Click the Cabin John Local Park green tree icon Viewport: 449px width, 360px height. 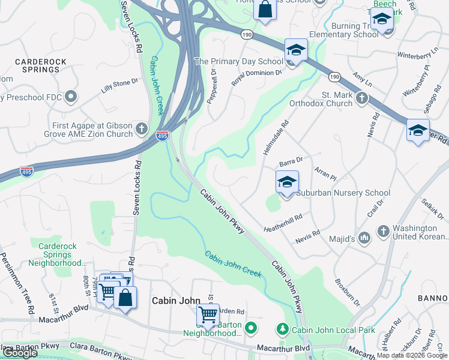pos(282,329)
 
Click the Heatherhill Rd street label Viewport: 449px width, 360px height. pos(283,223)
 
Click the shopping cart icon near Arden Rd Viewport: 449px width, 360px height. pos(208,314)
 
